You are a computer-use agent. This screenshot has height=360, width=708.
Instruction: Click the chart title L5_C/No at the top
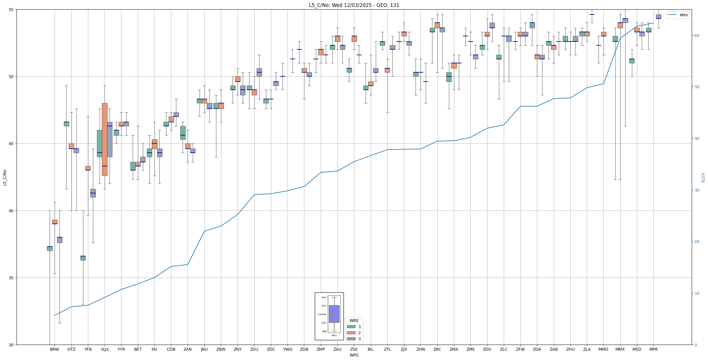click(354, 5)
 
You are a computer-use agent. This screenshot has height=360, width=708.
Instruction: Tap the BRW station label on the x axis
click(54, 349)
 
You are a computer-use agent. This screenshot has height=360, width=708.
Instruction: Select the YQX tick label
click(105, 350)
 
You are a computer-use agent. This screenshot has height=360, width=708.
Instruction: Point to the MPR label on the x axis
click(653, 349)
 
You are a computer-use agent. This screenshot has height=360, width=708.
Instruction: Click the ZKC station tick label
click(437, 349)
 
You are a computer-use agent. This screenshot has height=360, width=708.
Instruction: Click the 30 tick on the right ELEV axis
click(697, 190)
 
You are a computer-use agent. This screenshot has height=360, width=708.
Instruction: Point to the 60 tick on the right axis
click(697, 35)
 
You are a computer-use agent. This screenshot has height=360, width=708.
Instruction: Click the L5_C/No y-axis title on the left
click(5, 177)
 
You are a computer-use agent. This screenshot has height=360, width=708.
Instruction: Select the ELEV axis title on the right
click(703, 177)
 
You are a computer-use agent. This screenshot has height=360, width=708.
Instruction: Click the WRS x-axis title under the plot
click(354, 355)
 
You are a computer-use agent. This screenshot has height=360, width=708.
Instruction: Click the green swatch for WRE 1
click(351, 327)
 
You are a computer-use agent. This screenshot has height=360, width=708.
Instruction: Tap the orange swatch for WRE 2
click(351, 333)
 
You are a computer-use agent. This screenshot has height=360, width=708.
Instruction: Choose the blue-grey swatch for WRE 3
click(351, 339)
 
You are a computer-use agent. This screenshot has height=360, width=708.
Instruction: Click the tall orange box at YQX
click(105, 139)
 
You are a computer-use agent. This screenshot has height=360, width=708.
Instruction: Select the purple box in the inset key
click(334, 314)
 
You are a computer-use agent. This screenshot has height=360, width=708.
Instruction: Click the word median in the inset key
click(322, 314)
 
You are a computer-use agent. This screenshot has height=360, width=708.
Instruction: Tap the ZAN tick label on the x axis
click(188, 349)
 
